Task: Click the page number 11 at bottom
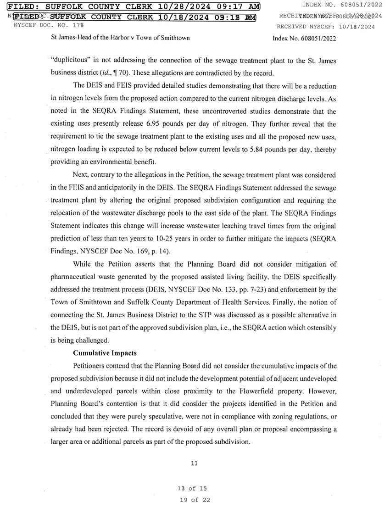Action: coord(194,463)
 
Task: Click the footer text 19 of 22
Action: coord(195,500)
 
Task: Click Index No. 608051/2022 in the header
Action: coord(304,39)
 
